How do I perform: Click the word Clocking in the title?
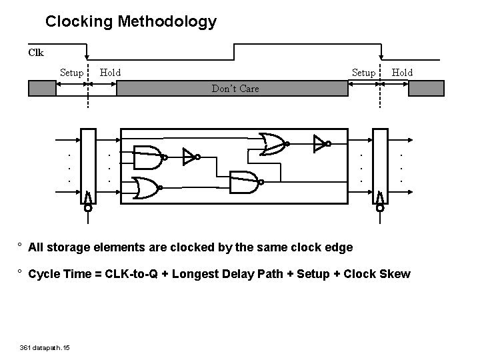tap(79, 21)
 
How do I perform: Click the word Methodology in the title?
tap(167, 21)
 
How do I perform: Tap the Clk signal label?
tap(36, 51)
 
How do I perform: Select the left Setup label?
tap(71, 72)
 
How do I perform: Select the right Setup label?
tap(363, 72)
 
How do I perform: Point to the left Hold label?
tap(110, 72)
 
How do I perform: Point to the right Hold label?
tap(402, 72)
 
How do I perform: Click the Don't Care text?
tap(235, 88)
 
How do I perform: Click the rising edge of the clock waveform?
tap(234, 52)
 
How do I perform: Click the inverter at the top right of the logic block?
tap(321, 142)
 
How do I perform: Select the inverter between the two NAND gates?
tap(190, 158)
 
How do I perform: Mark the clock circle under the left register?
tap(88, 208)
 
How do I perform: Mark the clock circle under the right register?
tap(380, 208)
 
